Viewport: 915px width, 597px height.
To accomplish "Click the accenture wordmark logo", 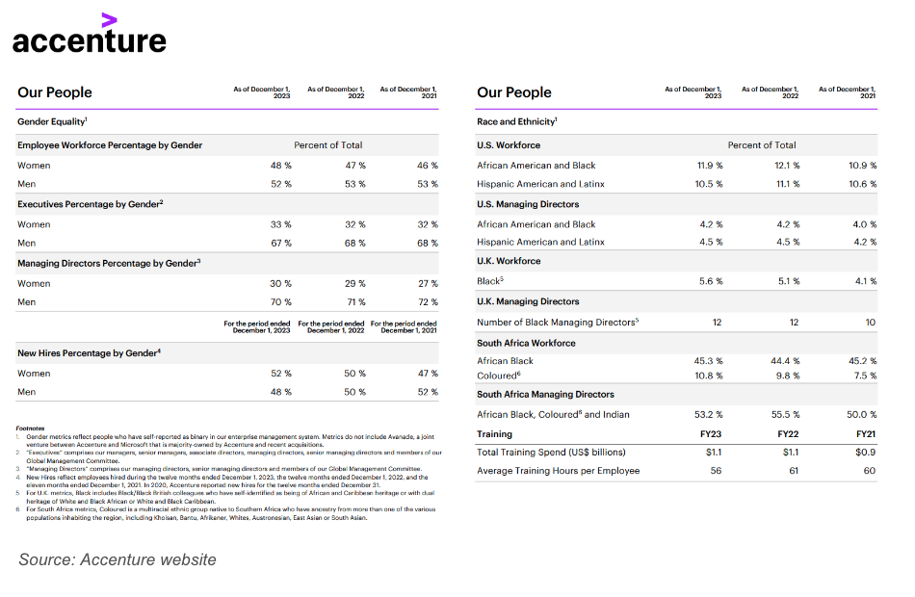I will point(89,41).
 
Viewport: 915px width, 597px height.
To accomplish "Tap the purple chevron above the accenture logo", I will point(110,18).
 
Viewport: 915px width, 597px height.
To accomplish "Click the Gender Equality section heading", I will point(52,122).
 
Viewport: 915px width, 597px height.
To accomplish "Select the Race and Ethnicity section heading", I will point(517,122).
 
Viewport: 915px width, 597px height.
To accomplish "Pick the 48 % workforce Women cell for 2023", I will point(280,166).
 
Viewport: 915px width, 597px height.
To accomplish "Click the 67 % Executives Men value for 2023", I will point(280,244).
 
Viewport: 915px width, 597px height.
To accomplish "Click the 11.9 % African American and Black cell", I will point(710,166).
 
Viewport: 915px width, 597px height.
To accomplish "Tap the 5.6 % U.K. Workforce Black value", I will point(710,281).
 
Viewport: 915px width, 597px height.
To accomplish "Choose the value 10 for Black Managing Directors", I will point(871,323).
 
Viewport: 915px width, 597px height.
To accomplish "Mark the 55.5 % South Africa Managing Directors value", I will point(787,415).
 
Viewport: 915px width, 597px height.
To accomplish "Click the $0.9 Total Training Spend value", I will point(867,452).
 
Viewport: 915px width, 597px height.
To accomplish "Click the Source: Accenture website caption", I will point(118,560).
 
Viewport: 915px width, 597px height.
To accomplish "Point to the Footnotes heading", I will point(31,428).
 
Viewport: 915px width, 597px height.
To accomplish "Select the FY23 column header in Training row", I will point(713,434).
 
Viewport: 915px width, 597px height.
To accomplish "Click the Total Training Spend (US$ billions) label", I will point(551,452).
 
